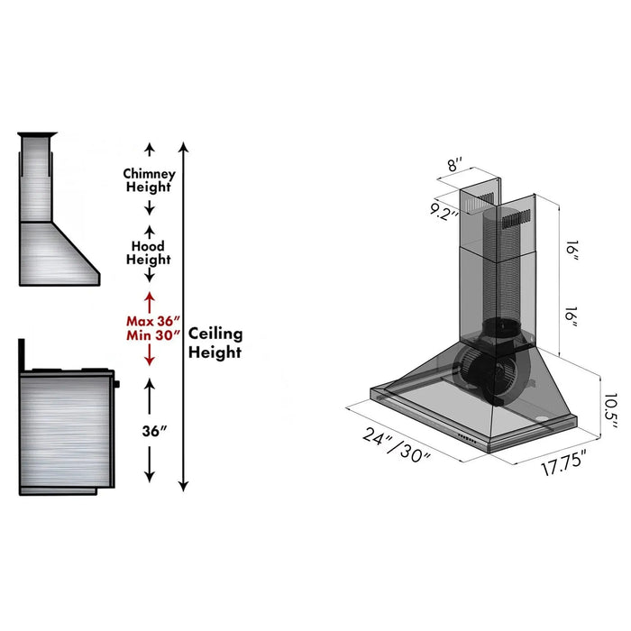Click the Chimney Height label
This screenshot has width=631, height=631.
coord(150,180)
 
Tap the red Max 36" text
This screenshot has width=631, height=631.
coord(153,322)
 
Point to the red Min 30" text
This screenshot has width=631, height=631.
coord(153,338)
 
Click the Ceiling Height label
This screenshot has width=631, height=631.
coord(215,343)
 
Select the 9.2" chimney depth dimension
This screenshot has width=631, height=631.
coord(444,214)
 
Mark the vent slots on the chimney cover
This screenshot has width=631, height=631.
coord(517,217)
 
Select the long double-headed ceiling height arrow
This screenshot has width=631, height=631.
coord(184,315)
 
